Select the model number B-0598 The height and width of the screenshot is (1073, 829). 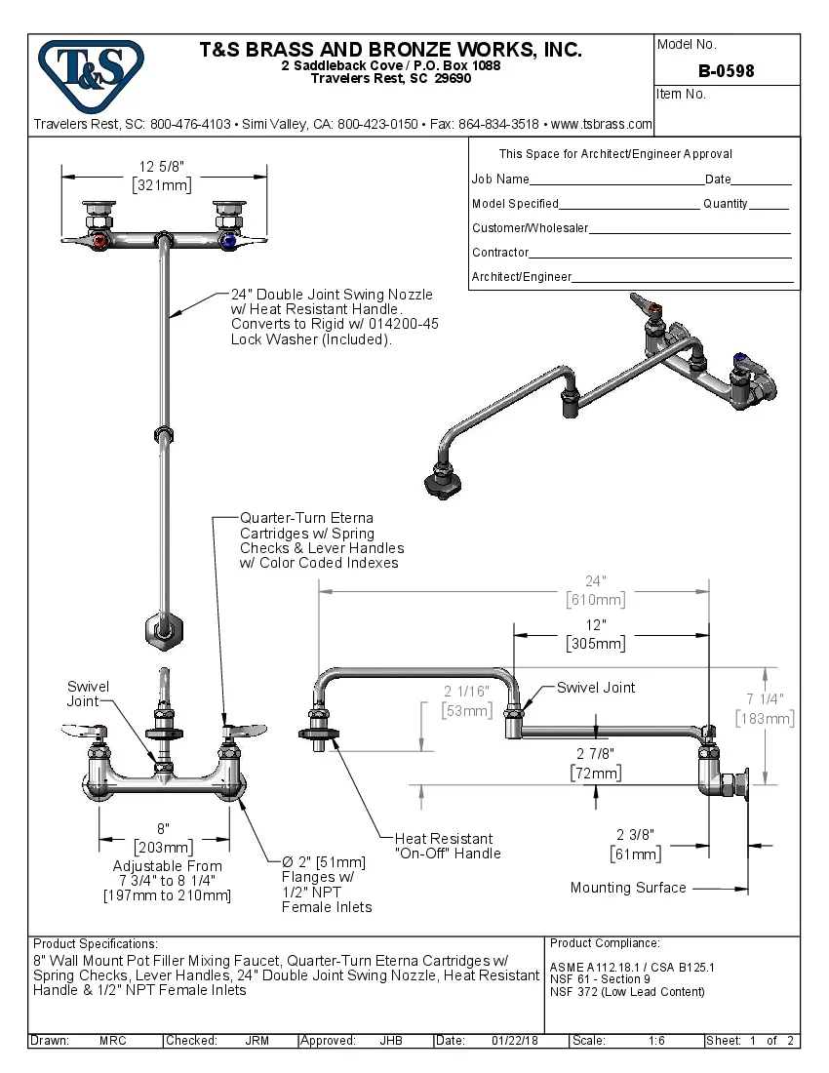coord(726,71)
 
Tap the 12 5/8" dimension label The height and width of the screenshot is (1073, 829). coord(161,166)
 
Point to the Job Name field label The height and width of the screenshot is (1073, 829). coord(500,179)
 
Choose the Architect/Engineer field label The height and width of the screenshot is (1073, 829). coord(522,277)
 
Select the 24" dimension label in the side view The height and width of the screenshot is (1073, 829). coord(596,580)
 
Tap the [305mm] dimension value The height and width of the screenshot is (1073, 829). coord(596,644)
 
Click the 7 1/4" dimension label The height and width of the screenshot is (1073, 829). coord(765,698)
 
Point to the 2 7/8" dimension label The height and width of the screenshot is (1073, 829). coord(595,754)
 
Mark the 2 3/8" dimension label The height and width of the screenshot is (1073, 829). coord(637,834)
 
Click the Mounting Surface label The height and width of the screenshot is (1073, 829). coord(628,888)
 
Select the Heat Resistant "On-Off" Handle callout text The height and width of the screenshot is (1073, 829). coord(448,846)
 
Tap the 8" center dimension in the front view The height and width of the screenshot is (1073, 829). coord(165,828)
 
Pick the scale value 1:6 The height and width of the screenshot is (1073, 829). coord(656,1041)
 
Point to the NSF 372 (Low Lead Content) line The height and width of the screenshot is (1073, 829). coord(627,992)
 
